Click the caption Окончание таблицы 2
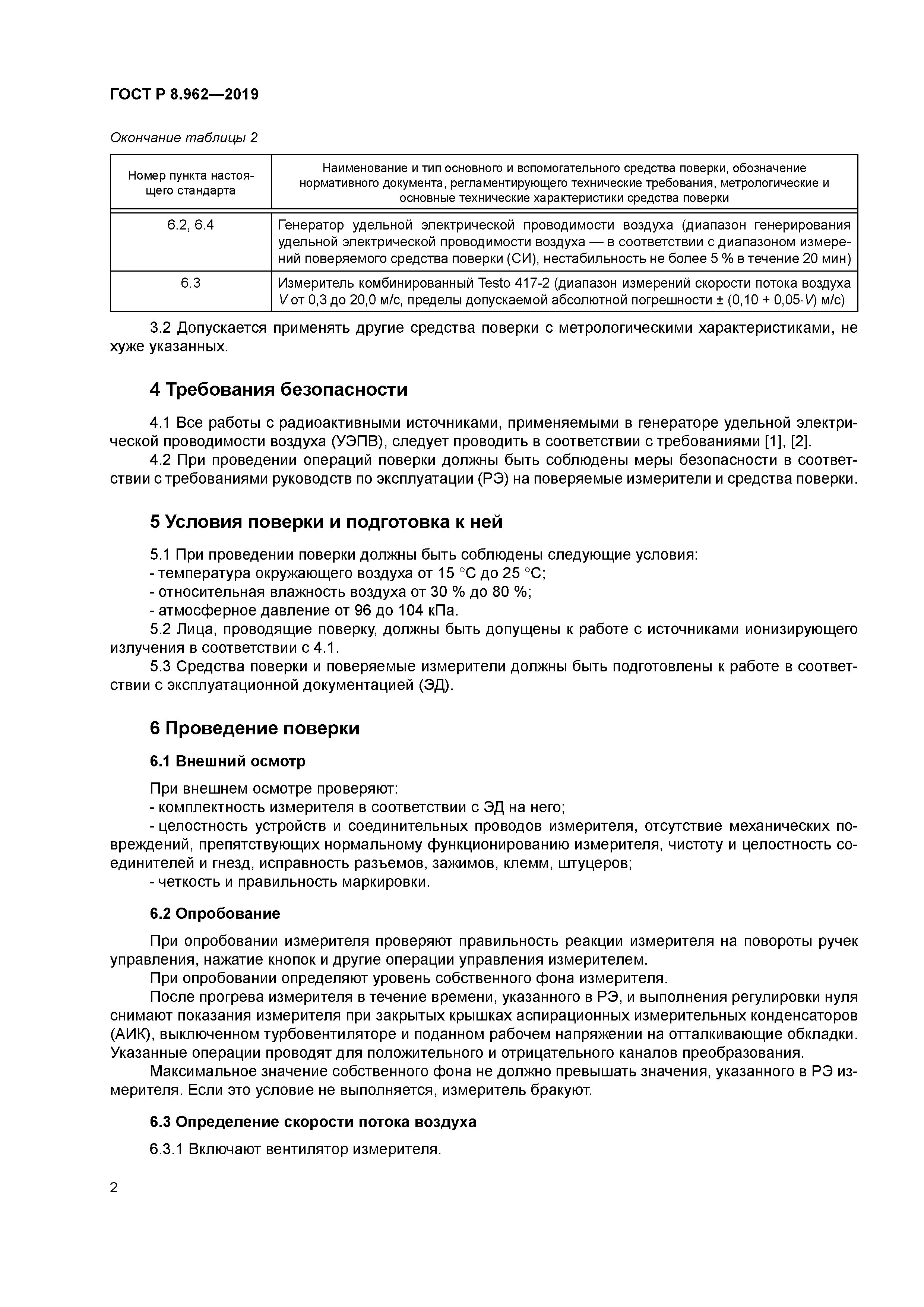click(183, 138)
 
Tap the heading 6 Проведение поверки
click(254, 729)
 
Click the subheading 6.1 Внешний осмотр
click(227, 761)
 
